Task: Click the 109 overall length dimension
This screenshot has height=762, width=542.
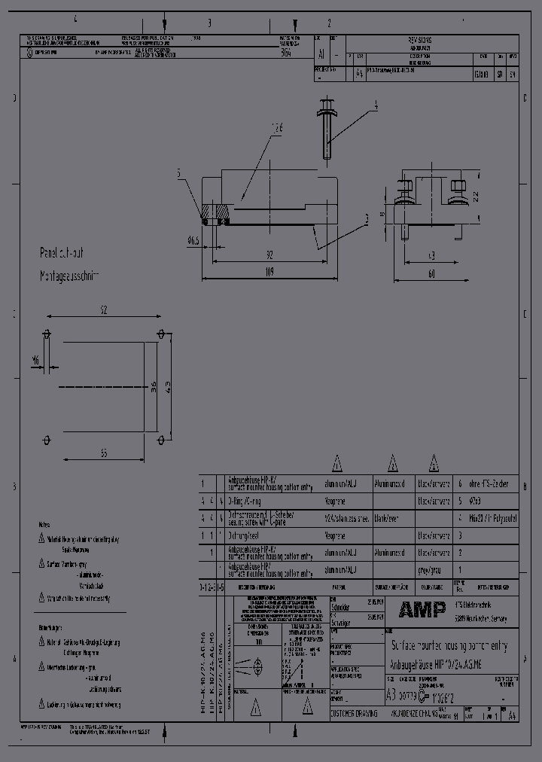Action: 269,272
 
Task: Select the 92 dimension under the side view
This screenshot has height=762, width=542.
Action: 269,255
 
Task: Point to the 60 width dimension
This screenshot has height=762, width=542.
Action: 431,274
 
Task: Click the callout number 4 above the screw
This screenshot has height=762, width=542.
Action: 375,106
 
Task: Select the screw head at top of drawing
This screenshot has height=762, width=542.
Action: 327,105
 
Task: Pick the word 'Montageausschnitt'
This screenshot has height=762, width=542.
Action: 69,276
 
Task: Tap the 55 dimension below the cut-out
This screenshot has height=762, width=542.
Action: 103,453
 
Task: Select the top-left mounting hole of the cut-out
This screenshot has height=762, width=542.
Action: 47,334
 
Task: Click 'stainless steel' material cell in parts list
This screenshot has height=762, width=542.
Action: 347,518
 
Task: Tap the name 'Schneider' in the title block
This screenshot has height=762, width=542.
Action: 343,606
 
